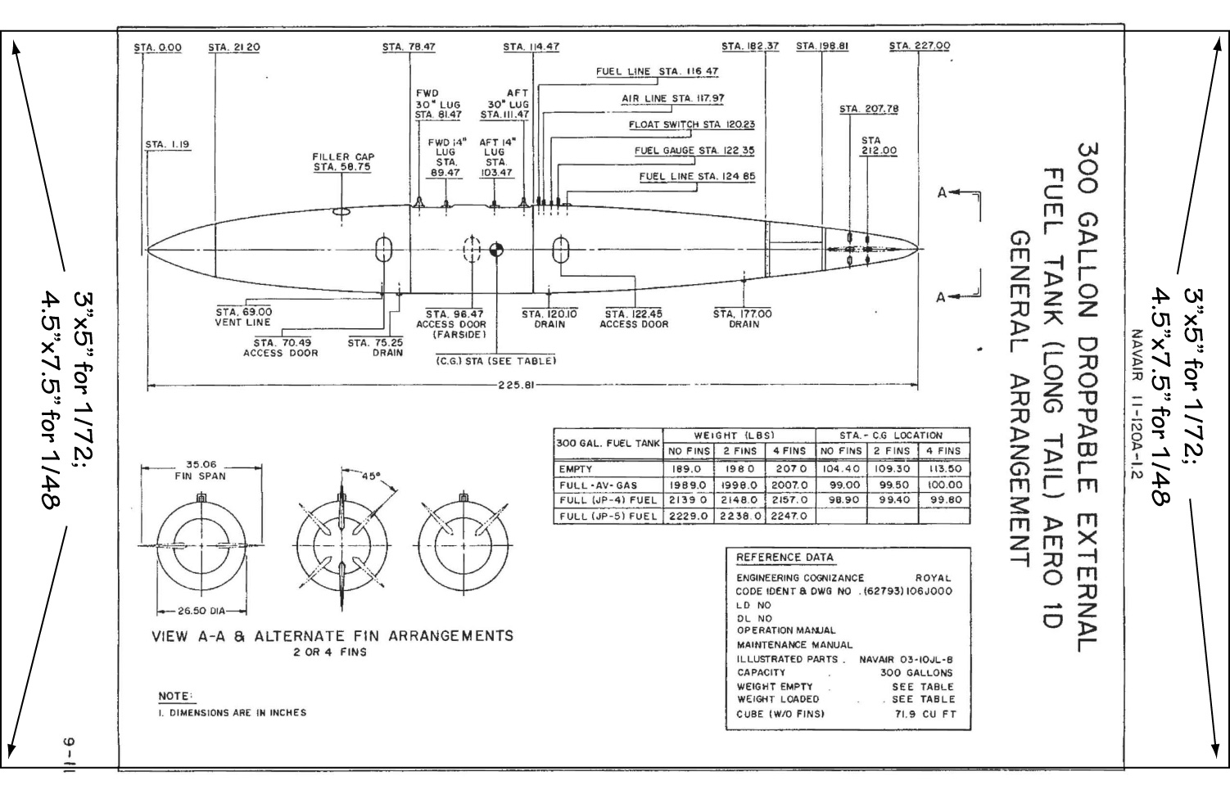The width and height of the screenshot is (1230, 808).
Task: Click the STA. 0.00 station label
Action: (158, 47)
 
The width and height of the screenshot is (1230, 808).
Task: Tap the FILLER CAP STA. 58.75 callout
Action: (343, 162)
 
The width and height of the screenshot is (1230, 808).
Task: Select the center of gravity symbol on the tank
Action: (496, 250)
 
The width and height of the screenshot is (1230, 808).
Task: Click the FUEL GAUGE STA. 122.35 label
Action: (694, 151)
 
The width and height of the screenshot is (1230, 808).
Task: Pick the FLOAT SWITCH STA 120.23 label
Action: (691, 125)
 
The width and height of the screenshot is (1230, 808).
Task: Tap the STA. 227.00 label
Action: (920, 47)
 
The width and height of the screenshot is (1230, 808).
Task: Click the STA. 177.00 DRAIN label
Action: (742, 318)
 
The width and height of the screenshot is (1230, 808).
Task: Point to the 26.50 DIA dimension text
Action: (201, 611)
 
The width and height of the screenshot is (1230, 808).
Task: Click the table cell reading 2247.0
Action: (789, 516)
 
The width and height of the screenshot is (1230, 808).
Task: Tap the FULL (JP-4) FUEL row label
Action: (608, 500)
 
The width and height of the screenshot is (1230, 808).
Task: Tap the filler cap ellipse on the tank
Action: (343, 213)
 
